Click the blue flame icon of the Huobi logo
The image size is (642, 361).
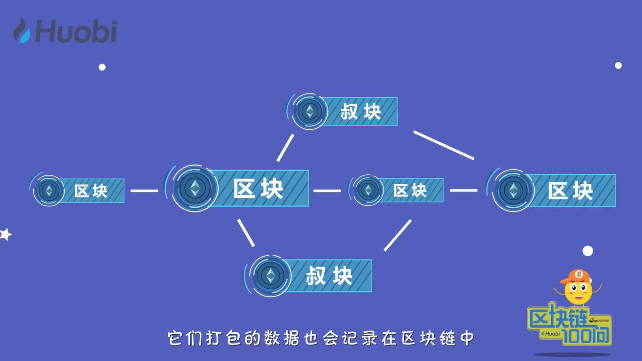point(22,31)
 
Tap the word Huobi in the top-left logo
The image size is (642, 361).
point(76,31)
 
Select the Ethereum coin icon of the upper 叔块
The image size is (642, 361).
point(309,111)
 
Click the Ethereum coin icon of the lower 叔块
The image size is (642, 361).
point(270,275)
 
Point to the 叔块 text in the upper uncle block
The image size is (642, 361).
point(360,112)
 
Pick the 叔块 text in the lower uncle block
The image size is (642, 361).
point(329,275)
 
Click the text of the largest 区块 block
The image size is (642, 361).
point(258,188)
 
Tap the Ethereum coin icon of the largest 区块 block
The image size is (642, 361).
point(195,188)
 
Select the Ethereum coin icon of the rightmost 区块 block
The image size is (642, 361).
point(513,190)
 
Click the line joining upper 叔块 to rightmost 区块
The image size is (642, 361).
point(443,145)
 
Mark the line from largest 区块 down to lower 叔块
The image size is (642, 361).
point(246,233)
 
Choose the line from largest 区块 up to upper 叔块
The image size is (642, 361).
point(285,148)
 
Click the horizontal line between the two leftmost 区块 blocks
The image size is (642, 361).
point(144,191)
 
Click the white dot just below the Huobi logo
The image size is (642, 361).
point(102,67)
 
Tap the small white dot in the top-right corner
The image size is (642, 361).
point(618,65)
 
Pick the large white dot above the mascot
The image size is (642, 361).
point(587,251)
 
